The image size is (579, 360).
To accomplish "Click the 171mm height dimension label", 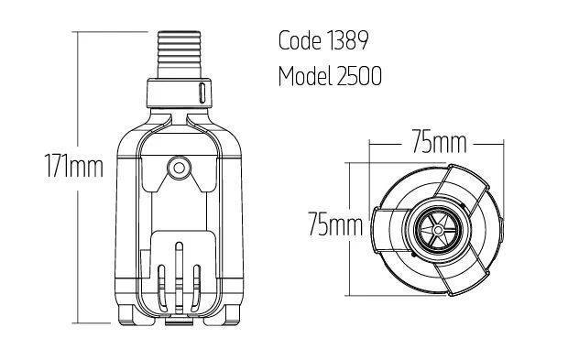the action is (74, 166).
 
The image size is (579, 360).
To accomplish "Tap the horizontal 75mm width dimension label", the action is (439, 141).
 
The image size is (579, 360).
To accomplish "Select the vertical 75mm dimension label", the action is (335, 224).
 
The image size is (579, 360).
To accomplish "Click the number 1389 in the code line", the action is (347, 40).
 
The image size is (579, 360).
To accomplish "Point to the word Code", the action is (300, 40).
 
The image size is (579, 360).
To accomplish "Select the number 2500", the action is (359, 76).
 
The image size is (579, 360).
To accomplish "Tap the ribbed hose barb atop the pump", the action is (179, 54).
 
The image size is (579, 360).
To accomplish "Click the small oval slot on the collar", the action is (202, 93).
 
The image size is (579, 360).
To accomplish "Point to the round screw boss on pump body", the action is (179, 168).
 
